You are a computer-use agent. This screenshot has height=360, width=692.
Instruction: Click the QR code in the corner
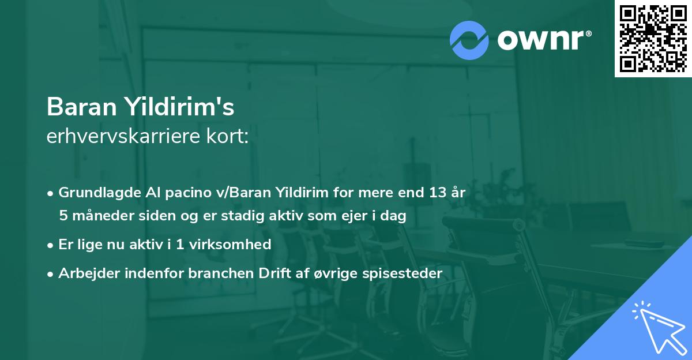[653, 39]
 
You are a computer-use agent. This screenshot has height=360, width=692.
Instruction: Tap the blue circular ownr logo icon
[469, 40]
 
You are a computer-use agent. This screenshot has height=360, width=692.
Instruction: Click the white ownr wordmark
[541, 40]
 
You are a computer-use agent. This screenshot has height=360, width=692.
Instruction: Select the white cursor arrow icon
[660, 328]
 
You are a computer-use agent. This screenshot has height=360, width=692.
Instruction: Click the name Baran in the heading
[81, 107]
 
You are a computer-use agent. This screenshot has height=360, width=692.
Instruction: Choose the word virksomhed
[230, 244]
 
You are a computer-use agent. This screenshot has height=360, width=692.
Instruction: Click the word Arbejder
[89, 273]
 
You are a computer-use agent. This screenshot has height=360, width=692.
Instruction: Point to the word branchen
[221, 273]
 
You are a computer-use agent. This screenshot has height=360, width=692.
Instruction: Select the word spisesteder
[403, 273]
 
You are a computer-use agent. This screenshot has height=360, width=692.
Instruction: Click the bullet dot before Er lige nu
[50, 246]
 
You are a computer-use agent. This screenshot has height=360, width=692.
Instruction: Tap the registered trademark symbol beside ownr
[588, 33]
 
